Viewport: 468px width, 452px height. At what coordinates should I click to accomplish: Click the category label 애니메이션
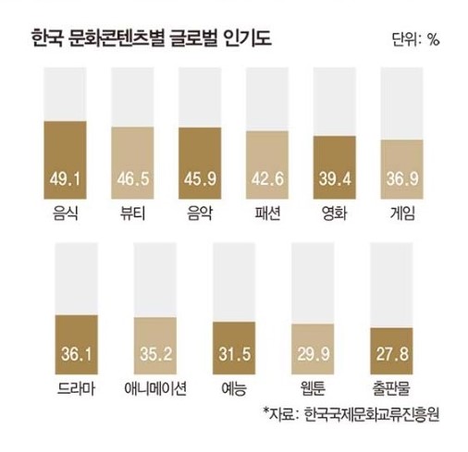click(156, 388)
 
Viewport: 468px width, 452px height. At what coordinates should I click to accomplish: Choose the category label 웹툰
click(314, 388)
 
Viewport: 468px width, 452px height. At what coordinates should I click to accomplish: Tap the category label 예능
click(235, 388)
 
